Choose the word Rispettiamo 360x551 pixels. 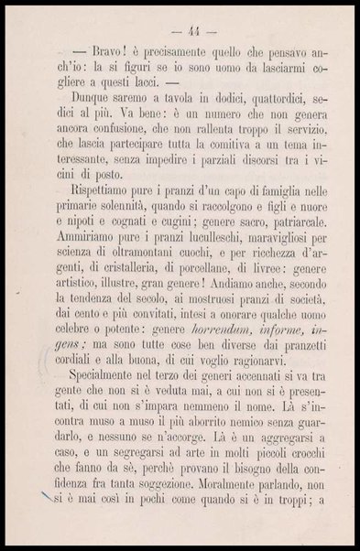click(x=109, y=226)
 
